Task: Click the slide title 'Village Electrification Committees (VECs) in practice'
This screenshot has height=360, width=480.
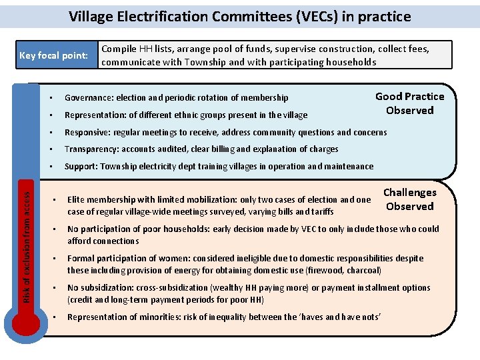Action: (240, 17)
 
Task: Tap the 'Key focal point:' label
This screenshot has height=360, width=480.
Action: (54, 55)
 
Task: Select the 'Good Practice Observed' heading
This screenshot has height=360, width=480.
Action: (409, 103)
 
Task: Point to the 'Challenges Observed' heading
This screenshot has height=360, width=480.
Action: (409, 199)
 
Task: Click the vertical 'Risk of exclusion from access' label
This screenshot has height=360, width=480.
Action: (26, 237)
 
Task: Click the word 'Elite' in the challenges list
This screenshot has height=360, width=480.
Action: (76, 199)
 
